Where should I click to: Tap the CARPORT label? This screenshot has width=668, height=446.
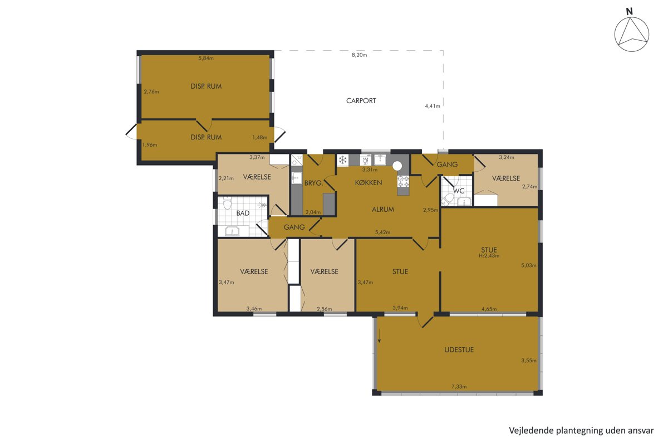pos(361,101)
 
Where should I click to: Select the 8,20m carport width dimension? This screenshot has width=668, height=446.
pos(360,55)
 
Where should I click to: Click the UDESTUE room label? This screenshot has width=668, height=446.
pos(459,350)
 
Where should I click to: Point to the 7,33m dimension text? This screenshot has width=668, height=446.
pos(459,386)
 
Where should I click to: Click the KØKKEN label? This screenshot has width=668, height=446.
pos(369,182)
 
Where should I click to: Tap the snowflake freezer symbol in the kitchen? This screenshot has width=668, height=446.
pos(343,161)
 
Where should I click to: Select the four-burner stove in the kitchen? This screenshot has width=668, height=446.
pos(403,181)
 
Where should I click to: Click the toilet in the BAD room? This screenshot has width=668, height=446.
pos(228,203)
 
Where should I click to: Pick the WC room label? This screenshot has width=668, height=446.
pos(459,191)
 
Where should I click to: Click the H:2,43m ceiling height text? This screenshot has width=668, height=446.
pos(489,256)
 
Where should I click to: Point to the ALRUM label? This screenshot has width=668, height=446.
pos(383,210)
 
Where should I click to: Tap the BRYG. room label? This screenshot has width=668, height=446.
pos(313,183)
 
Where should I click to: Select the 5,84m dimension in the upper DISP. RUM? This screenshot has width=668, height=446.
pos(206,58)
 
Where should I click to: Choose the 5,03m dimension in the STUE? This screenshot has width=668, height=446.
pos(529,265)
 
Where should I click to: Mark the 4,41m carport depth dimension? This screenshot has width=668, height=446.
pos(433,106)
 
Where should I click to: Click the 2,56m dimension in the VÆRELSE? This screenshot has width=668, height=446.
pos(324,309)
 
